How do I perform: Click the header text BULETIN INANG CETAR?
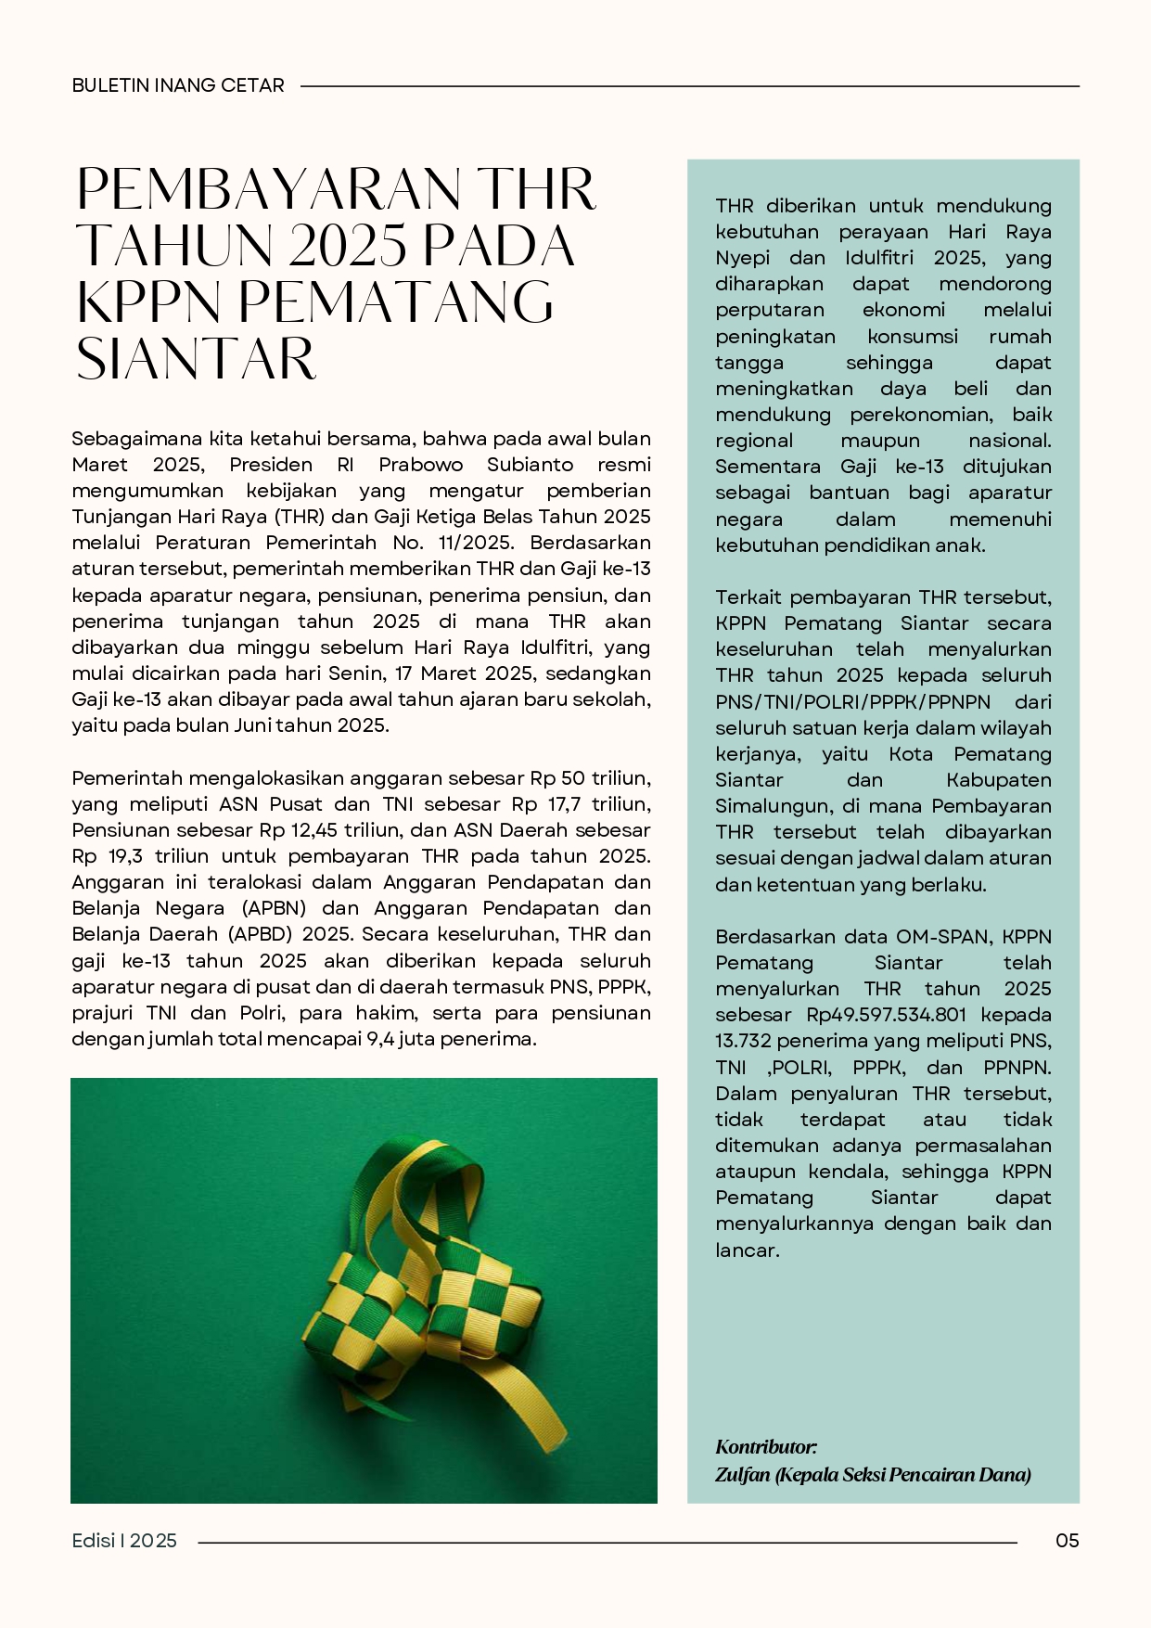coord(178,85)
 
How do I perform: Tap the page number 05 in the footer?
coord(1068,1541)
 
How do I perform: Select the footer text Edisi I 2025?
coord(124,1541)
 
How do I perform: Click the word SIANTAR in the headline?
coord(197,359)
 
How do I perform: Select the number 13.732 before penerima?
coord(744,1041)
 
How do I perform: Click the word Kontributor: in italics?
coord(766,1447)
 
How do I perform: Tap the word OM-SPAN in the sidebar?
coord(941,937)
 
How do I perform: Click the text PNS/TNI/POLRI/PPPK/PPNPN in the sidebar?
coord(852,702)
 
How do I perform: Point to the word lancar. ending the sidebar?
coord(747,1250)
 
